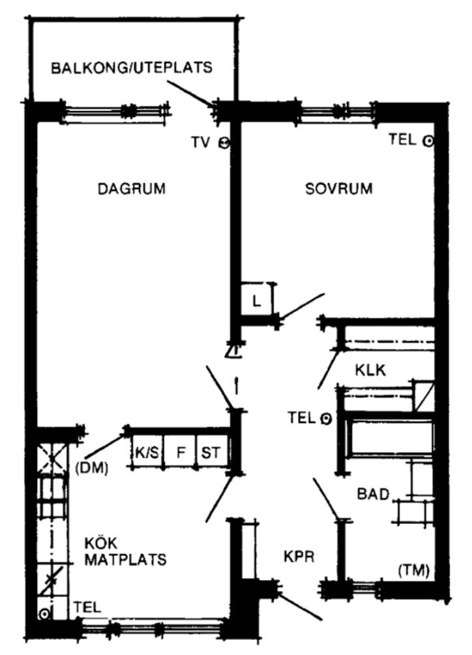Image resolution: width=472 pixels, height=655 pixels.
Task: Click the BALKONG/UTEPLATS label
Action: [x=132, y=67]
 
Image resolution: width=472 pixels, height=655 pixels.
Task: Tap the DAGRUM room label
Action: [x=132, y=190]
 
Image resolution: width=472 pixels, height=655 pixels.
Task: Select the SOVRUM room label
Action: [x=339, y=190]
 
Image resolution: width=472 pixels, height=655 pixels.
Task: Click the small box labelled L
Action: [x=256, y=301]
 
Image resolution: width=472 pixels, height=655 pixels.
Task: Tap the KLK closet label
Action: [x=371, y=370]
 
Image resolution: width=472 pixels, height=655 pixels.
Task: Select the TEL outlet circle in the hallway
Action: [x=327, y=418]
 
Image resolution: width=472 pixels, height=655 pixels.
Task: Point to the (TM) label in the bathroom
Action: [x=413, y=571]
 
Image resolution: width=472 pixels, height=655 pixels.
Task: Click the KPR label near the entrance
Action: [x=299, y=558]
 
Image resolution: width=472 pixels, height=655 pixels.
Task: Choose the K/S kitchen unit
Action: [x=147, y=452]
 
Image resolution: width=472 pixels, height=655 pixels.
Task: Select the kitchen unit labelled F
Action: [x=181, y=452]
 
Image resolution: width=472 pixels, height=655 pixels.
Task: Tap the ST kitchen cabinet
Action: [x=211, y=452]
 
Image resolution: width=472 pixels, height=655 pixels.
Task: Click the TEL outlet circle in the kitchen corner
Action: [x=44, y=614]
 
